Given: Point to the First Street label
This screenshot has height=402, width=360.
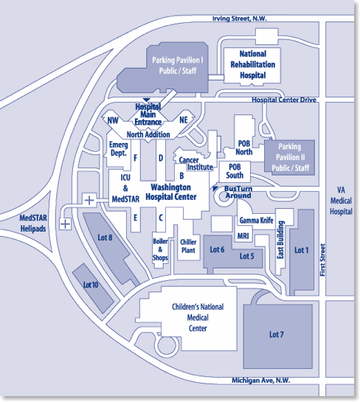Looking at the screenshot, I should [x=323, y=262].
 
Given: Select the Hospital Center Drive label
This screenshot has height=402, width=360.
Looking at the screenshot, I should [x=283, y=100].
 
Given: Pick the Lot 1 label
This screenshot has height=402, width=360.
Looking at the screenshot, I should [x=302, y=250].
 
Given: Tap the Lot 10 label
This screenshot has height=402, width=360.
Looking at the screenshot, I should [x=91, y=284].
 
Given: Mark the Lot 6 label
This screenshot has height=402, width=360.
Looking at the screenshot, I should [x=217, y=250].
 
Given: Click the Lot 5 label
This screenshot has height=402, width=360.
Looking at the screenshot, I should [x=246, y=256].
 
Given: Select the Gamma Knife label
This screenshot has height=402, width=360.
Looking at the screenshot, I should [x=257, y=221].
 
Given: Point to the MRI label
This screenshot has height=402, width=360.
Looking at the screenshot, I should [x=243, y=236].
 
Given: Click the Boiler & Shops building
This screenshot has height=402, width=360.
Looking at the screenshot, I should [x=160, y=249].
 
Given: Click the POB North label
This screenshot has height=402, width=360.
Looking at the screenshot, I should [x=244, y=148].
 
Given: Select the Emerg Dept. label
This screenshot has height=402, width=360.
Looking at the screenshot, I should [x=119, y=150].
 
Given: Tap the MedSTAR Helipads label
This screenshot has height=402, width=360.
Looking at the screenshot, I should [x=32, y=223].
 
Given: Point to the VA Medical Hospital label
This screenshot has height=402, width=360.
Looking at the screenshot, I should [x=341, y=200].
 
